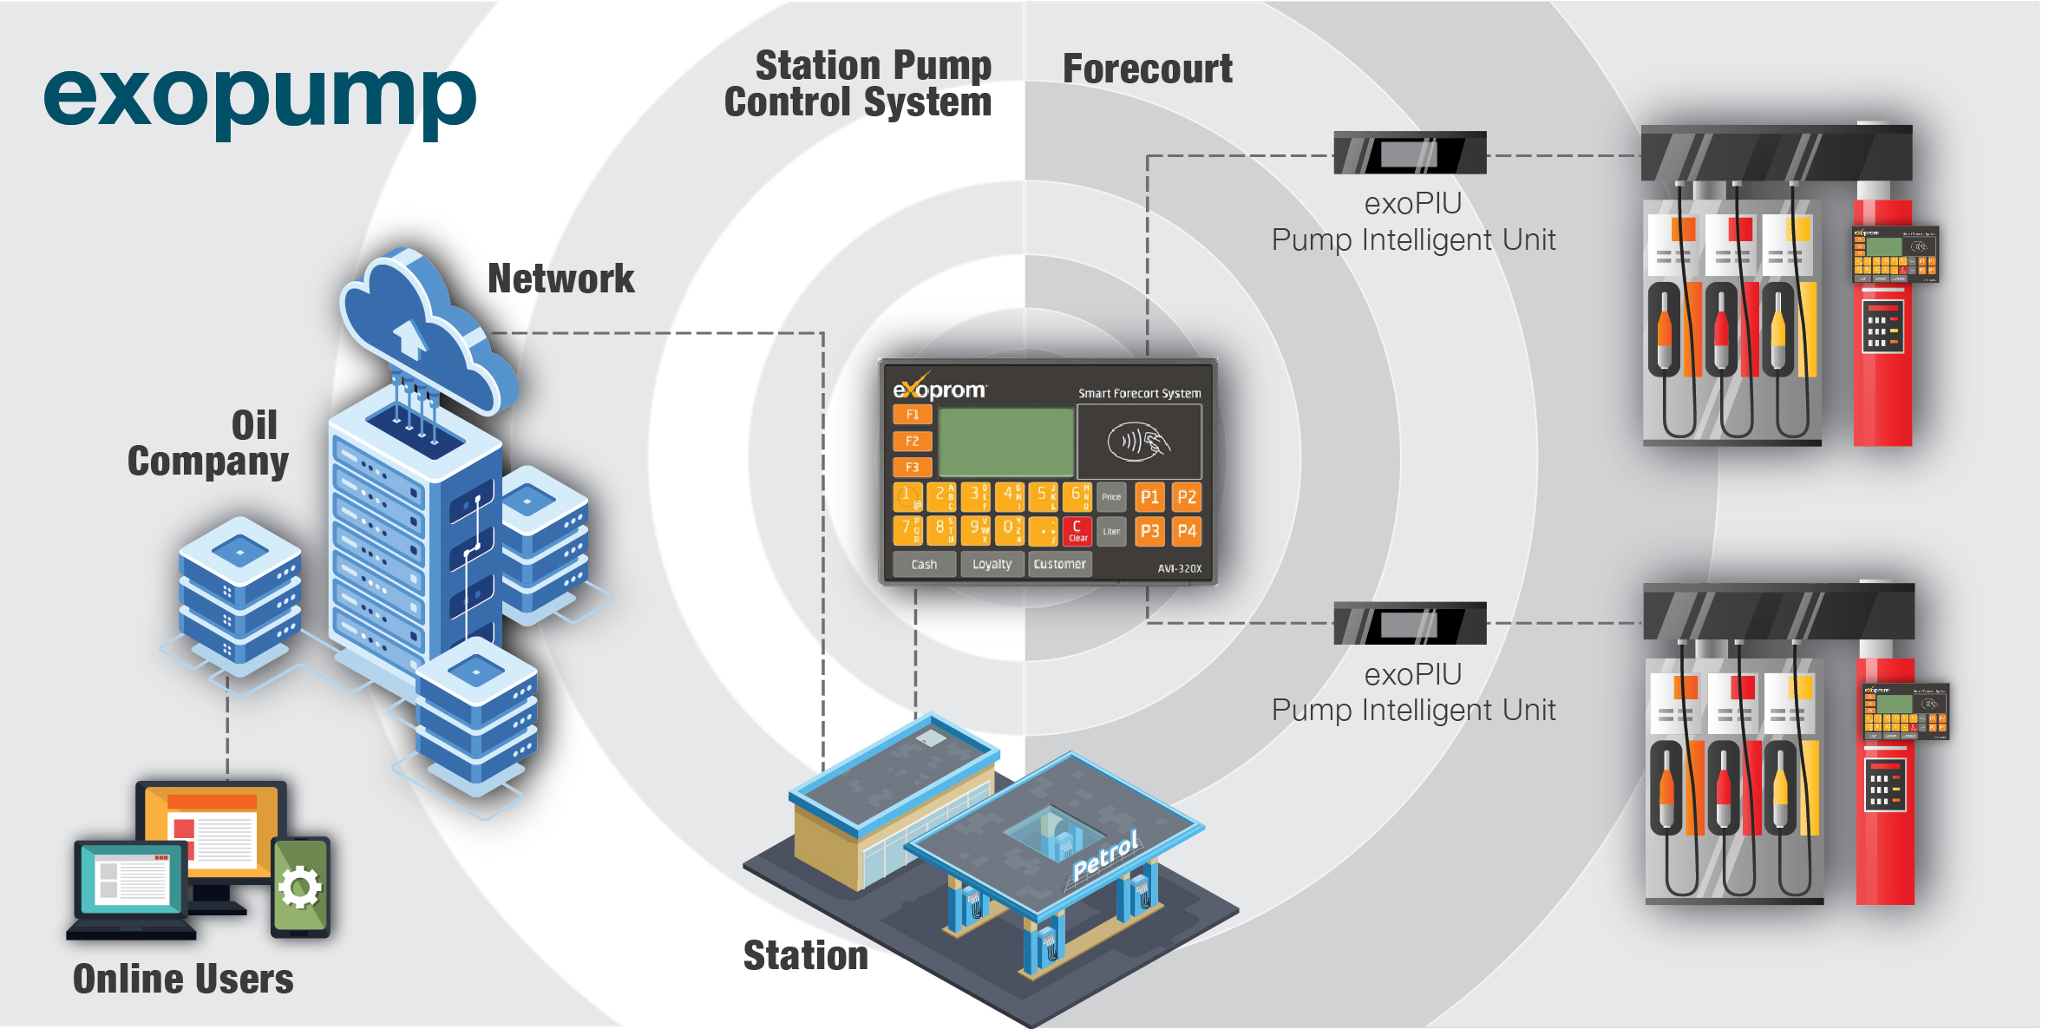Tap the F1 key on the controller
coord(912,415)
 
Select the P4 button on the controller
coord(1186,531)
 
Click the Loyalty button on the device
coord(992,564)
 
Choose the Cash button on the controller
coord(924,564)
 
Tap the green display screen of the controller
coord(1006,442)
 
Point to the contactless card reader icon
coord(1138,442)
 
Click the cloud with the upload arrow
coord(425,334)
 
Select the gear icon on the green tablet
coord(300,888)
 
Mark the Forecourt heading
coord(1147,69)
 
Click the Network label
coord(560,279)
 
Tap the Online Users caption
coord(183,979)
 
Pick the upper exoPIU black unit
coord(1410,154)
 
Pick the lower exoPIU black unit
coord(1410,624)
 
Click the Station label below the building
coord(805,955)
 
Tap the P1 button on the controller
coord(1149,497)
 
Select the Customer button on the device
coord(1059,564)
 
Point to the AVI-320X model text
coord(1179,569)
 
